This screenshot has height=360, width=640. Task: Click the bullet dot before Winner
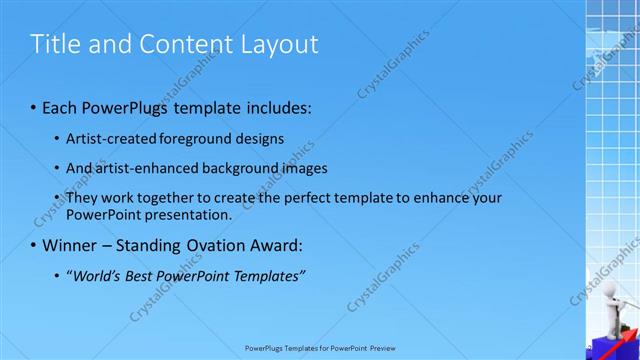(x=33, y=245)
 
